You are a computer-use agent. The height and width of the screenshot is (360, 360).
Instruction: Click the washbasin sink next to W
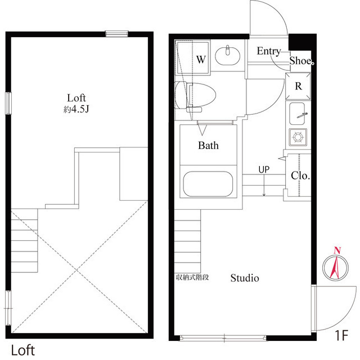[x=227, y=56]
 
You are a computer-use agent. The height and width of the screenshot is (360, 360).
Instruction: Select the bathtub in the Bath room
[x=208, y=184]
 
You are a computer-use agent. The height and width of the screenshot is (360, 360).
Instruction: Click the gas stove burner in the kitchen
[x=298, y=137]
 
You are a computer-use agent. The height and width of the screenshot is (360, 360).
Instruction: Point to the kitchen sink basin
[x=297, y=114]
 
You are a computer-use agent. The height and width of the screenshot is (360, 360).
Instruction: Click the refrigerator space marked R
[x=298, y=86]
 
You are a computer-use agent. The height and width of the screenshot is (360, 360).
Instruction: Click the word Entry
[x=269, y=51]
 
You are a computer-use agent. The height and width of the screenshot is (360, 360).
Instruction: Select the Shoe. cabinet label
[x=301, y=61]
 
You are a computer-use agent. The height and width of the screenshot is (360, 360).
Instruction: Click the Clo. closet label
[x=300, y=175]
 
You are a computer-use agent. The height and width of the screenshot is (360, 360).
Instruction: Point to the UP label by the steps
[x=264, y=170]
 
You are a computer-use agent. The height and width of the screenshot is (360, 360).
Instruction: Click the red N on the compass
[x=337, y=250]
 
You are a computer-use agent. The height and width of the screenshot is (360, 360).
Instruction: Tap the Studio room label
[x=245, y=278]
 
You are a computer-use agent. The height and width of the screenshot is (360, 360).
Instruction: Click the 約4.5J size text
[x=76, y=109]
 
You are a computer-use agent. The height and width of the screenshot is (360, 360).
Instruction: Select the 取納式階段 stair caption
[x=192, y=277]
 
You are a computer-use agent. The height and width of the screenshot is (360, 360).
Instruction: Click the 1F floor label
[x=342, y=335]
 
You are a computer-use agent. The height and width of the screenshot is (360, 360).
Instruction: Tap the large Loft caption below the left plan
[x=23, y=350]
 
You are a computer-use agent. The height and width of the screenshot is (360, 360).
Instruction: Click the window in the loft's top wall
[x=116, y=34]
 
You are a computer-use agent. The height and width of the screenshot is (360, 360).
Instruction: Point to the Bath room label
[x=208, y=145]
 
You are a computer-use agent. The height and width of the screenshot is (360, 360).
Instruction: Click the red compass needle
[x=335, y=267]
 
